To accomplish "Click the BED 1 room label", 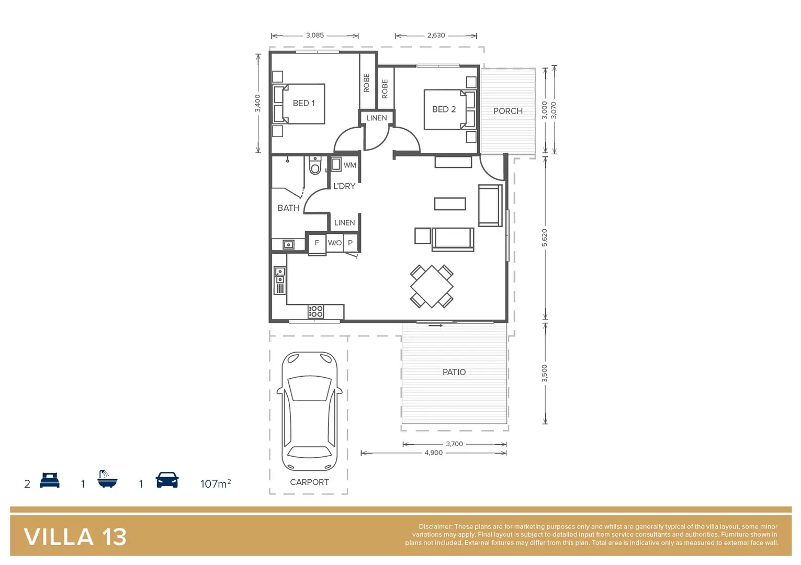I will pos(303,104).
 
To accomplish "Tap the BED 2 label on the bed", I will pos(444,109).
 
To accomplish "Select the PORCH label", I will pos(507,111).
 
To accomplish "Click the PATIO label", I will pos(454,372).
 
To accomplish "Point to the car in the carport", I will pos(309,411).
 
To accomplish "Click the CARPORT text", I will pos(309,482).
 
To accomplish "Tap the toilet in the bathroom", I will pos(315,166).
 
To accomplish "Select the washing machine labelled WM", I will pos(337,164).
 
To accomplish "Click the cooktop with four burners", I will pos(315,312).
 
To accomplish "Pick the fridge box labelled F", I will pos(317,243).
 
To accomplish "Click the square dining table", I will pos(432,286).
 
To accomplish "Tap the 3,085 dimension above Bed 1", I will pos(314,36).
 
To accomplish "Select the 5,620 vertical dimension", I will pos(545,238).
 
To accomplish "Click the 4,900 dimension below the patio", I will pos(433,453).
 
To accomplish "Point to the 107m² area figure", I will pos(215,483).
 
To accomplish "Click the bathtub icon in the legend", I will pos(107,479).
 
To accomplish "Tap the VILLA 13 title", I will pos(75,537).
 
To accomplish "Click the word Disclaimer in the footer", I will pos(435,527).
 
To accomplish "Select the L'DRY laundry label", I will pos(344,186).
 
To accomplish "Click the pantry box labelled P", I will pos(350,243).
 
